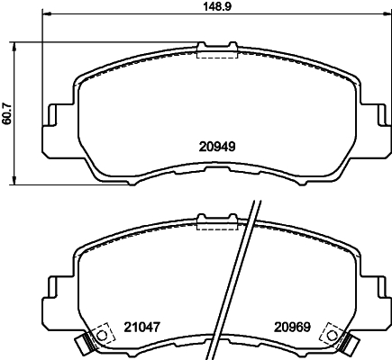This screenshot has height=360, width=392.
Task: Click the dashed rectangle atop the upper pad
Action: tap(214, 49)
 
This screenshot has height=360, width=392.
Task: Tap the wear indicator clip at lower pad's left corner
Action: tap(85, 343)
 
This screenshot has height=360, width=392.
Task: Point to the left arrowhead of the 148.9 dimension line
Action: tap(46, 15)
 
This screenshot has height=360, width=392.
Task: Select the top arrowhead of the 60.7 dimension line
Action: tap(20, 44)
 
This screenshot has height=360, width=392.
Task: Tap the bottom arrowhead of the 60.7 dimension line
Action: tap(20, 182)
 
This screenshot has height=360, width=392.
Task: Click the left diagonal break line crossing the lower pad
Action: tap(236, 279)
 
